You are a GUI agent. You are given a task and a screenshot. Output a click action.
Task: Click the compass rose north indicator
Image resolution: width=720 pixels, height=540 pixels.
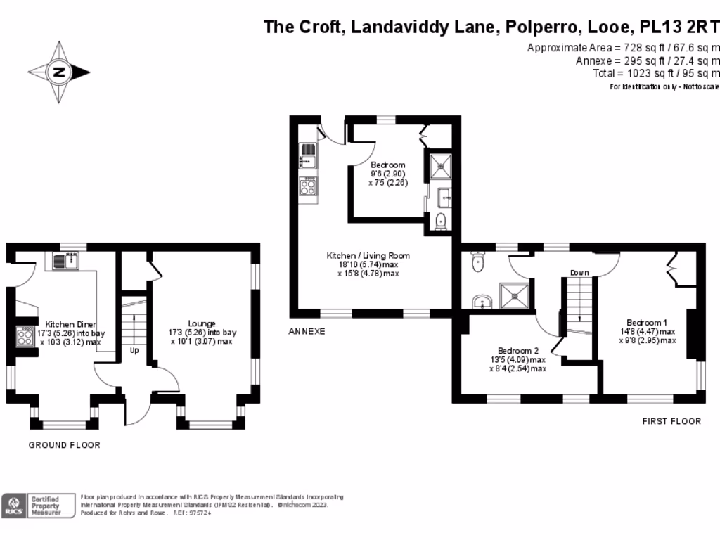[59, 72]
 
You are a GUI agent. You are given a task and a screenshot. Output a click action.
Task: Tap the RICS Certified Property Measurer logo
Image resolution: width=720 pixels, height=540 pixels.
[39, 506]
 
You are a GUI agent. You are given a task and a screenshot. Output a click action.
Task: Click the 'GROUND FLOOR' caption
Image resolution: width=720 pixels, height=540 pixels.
[64, 445]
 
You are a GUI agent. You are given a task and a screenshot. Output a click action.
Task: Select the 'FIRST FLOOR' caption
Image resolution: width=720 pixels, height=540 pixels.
[671, 421]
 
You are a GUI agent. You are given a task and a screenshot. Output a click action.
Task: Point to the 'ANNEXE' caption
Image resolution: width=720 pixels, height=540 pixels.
[307, 330]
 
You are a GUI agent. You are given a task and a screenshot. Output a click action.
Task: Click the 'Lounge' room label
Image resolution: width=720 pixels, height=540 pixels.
[202, 324]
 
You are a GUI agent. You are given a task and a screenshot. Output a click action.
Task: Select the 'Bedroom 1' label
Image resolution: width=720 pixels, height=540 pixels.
[647, 323]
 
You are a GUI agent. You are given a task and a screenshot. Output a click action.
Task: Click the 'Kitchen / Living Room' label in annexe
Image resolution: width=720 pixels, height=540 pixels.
[368, 255]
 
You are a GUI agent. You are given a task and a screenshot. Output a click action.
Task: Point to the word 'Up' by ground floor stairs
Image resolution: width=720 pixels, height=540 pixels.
[134, 349]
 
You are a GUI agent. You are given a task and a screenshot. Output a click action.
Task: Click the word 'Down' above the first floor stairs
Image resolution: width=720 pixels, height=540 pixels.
[579, 272]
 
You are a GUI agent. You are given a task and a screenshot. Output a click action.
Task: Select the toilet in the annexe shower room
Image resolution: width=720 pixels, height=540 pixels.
[441, 221]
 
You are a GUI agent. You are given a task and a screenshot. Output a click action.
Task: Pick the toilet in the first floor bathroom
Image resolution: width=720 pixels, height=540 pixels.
[478, 262]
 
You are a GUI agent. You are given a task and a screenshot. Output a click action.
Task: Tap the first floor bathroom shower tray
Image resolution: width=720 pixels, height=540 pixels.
[515, 296]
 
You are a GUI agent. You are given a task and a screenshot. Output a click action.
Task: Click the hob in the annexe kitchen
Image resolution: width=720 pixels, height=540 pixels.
[307, 186]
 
